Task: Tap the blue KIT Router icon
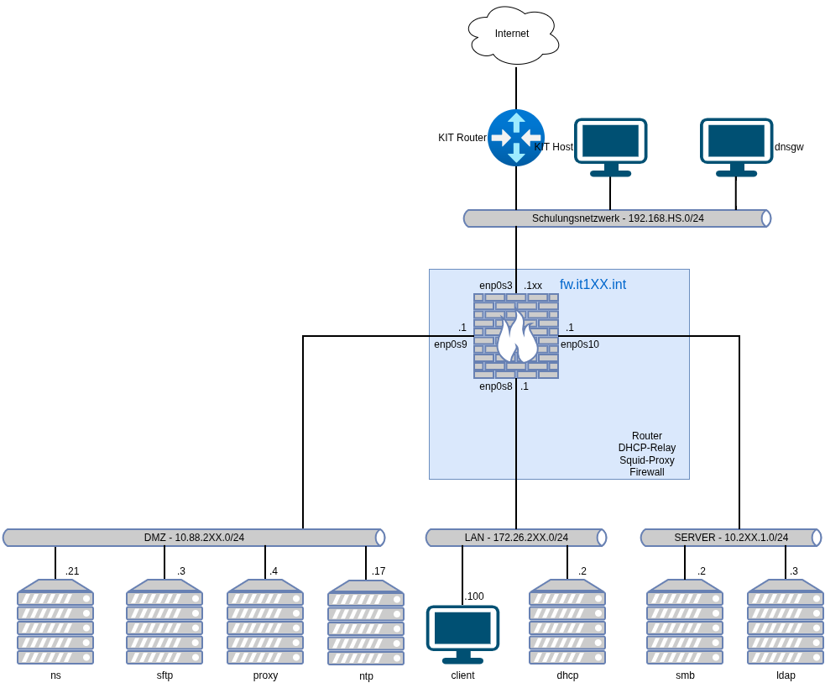[516, 138]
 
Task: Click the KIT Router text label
[462, 138]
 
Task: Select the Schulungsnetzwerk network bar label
[618, 218]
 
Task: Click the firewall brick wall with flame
[516, 336]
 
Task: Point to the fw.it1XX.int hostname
[593, 285]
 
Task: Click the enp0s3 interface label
[496, 286]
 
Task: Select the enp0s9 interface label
[451, 344]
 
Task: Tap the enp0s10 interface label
[580, 344]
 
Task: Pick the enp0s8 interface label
[496, 386]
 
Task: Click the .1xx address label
[533, 286]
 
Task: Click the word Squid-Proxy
[647, 460]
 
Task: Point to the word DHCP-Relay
[647, 448]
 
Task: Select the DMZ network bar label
[194, 538]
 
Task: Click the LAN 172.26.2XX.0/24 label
[516, 538]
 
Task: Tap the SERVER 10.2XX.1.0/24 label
[731, 538]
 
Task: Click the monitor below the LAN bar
[462, 633]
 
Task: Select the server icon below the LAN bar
[567, 622]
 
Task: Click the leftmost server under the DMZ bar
[55, 622]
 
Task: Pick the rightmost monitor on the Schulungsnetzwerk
[737, 146]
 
